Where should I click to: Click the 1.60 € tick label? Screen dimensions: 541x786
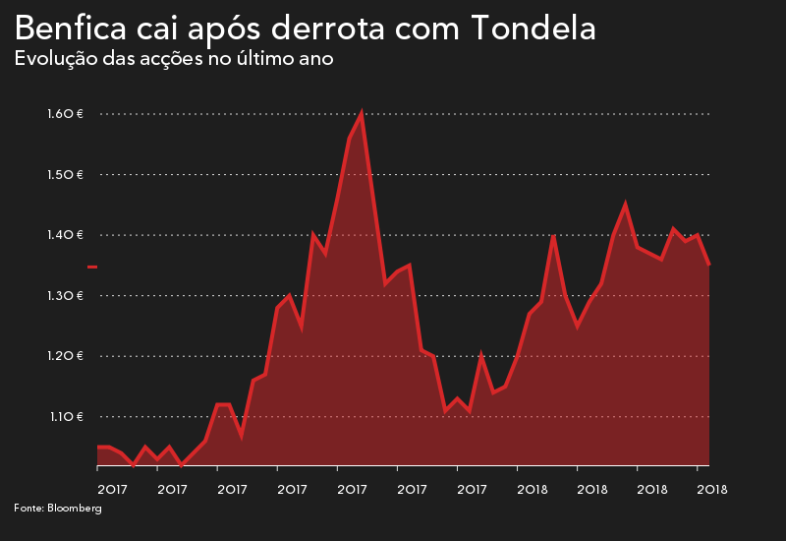(x=65, y=114)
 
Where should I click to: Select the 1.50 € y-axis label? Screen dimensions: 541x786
(x=65, y=175)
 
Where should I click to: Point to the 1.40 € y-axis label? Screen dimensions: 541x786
(x=65, y=235)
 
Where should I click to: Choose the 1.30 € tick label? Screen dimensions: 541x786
(x=65, y=296)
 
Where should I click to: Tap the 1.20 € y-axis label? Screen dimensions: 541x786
(x=65, y=356)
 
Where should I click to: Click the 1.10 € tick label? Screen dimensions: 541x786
(x=65, y=417)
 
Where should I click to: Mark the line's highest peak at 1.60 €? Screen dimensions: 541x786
(x=362, y=114)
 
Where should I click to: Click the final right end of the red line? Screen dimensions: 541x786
(x=708, y=264)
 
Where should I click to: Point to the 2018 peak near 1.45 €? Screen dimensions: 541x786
(x=625, y=205)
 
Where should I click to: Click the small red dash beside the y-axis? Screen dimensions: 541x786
(x=92, y=267)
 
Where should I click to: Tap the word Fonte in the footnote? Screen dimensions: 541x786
(x=28, y=509)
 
